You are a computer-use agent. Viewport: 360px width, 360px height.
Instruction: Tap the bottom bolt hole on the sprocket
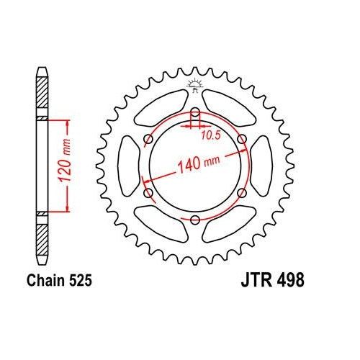[x=195, y=219]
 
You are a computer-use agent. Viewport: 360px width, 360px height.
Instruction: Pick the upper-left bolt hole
[x=148, y=139]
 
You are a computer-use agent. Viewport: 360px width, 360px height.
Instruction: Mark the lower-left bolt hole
[x=148, y=192]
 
